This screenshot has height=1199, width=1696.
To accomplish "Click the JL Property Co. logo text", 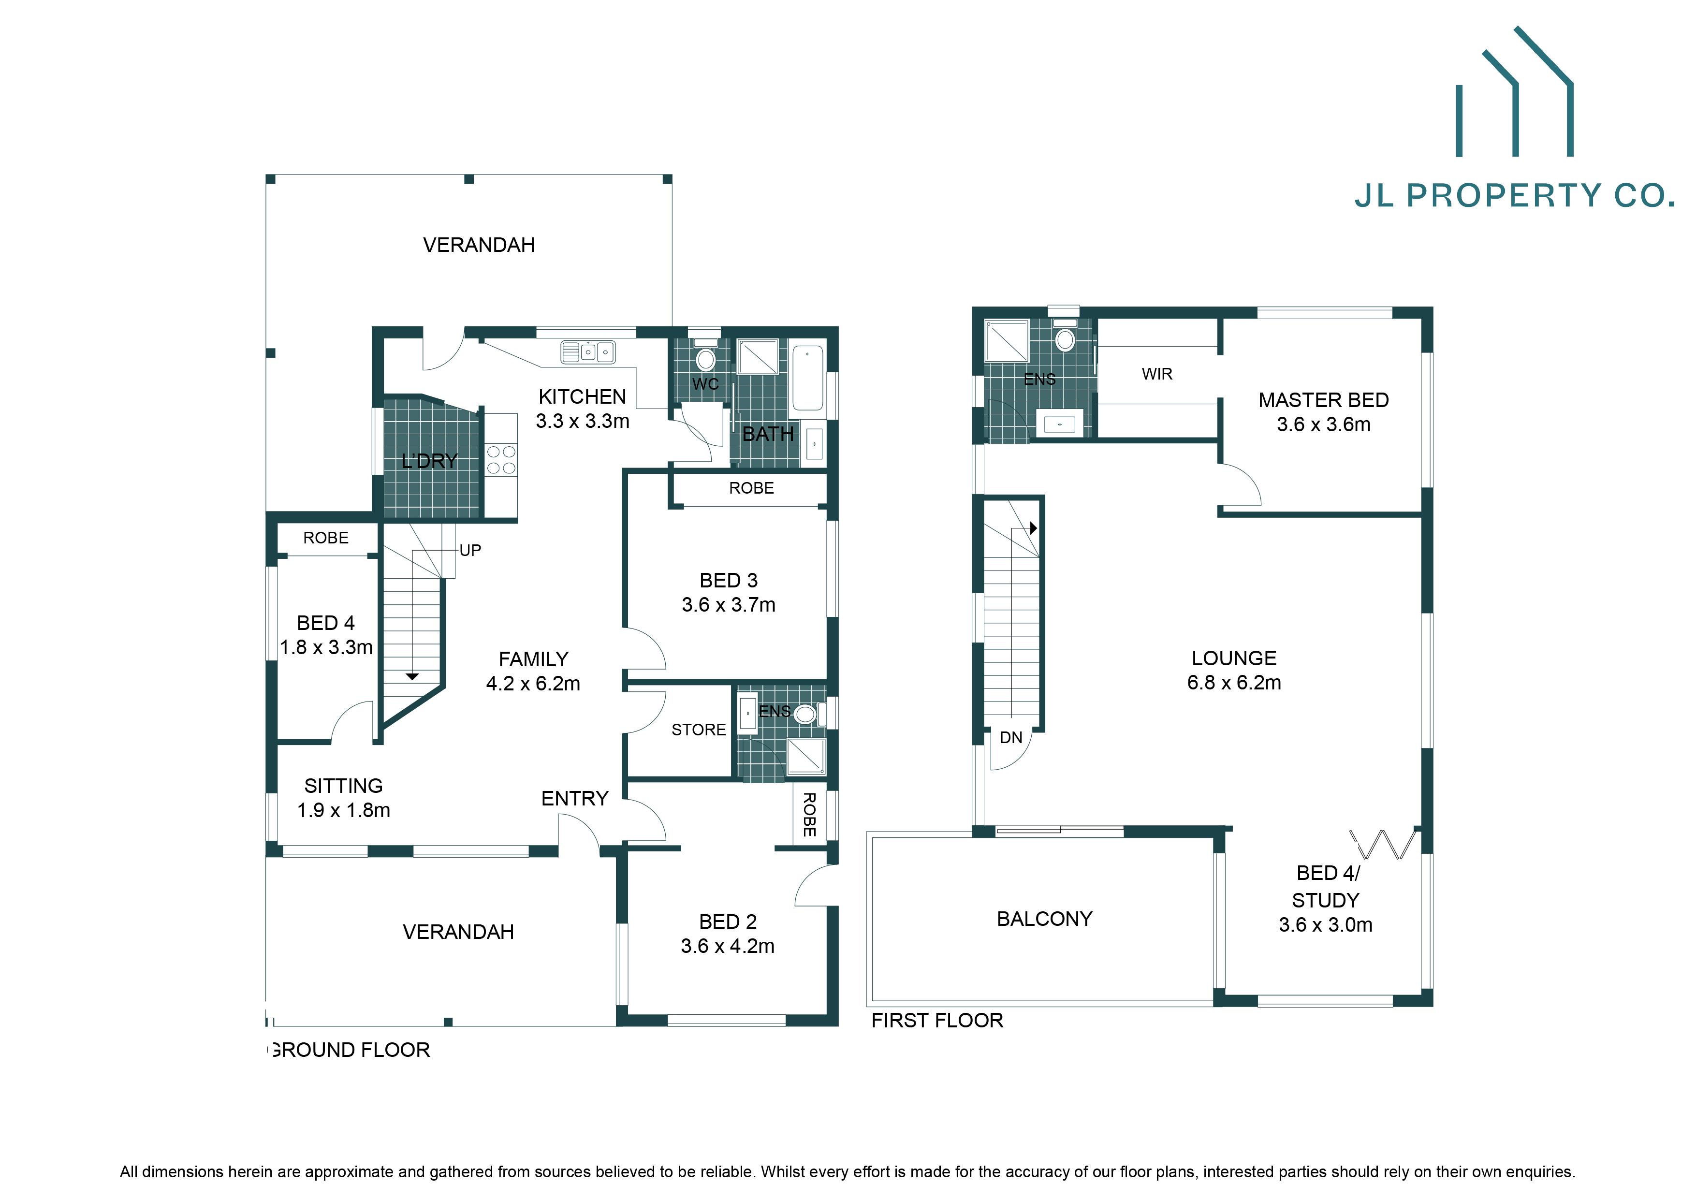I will tap(1514, 196).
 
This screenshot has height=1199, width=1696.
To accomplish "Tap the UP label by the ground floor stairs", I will tap(470, 550).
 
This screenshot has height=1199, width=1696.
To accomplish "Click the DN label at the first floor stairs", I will tap(1010, 737).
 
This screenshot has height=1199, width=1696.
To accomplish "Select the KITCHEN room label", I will tap(582, 397).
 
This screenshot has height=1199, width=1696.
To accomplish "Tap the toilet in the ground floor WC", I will tap(705, 358).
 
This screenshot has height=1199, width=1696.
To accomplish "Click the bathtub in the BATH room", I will tap(807, 378).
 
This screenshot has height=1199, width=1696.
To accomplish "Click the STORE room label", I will tap(698, 730).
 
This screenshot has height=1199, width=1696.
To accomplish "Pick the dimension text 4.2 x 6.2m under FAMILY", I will tap(533, 683).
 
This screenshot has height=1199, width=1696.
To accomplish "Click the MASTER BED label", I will tap(1323, 400).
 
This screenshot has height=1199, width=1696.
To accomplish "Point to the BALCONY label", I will tap(1044, 919).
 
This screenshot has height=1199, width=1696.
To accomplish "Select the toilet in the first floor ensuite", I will tap(1065, 338).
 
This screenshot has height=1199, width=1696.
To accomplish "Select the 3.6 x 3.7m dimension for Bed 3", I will tap(728, 605).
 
